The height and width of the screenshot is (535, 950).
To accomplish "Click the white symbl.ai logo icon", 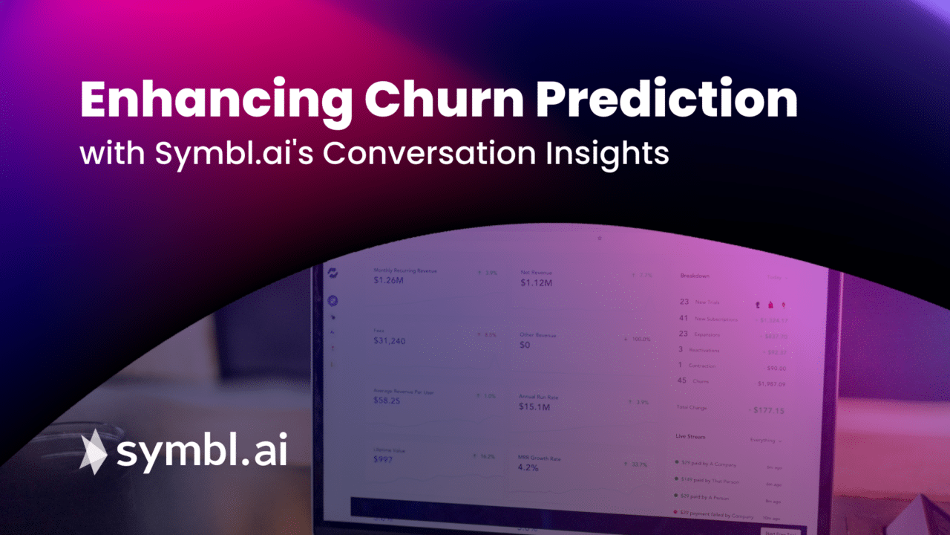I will click(x=94, y=451).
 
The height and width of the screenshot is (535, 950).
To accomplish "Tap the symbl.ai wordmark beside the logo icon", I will click(x=201, y=451).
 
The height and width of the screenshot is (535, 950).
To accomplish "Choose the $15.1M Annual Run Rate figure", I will click(x=534, y=407).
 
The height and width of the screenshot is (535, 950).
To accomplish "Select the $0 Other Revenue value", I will click(x=525, y=345).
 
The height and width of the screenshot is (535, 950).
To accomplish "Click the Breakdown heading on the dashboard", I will click(x=695, y=276).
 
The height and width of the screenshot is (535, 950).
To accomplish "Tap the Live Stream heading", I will click(x=690, y=437).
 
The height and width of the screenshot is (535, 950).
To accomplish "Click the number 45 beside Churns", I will click(x=683, y=380).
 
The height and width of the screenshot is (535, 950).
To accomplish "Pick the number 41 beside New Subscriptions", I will click(x=684, y=318).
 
